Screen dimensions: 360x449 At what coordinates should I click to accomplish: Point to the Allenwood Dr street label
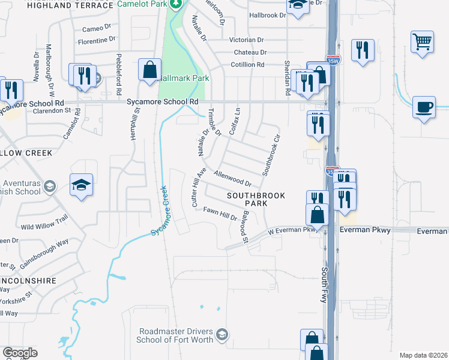pos(232,178)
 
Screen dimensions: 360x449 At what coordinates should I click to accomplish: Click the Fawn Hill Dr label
pos(220,213)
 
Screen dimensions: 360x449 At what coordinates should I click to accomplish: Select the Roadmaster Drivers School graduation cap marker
pos(222,334)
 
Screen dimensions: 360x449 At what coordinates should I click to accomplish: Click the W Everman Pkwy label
pos(291,230)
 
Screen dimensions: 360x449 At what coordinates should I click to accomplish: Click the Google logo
pos(20,353)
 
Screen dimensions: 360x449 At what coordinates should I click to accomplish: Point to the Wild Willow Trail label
pos(45,224)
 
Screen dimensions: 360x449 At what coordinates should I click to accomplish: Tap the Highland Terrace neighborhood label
pos(70,5)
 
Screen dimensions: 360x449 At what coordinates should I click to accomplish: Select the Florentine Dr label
pos(97,40)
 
